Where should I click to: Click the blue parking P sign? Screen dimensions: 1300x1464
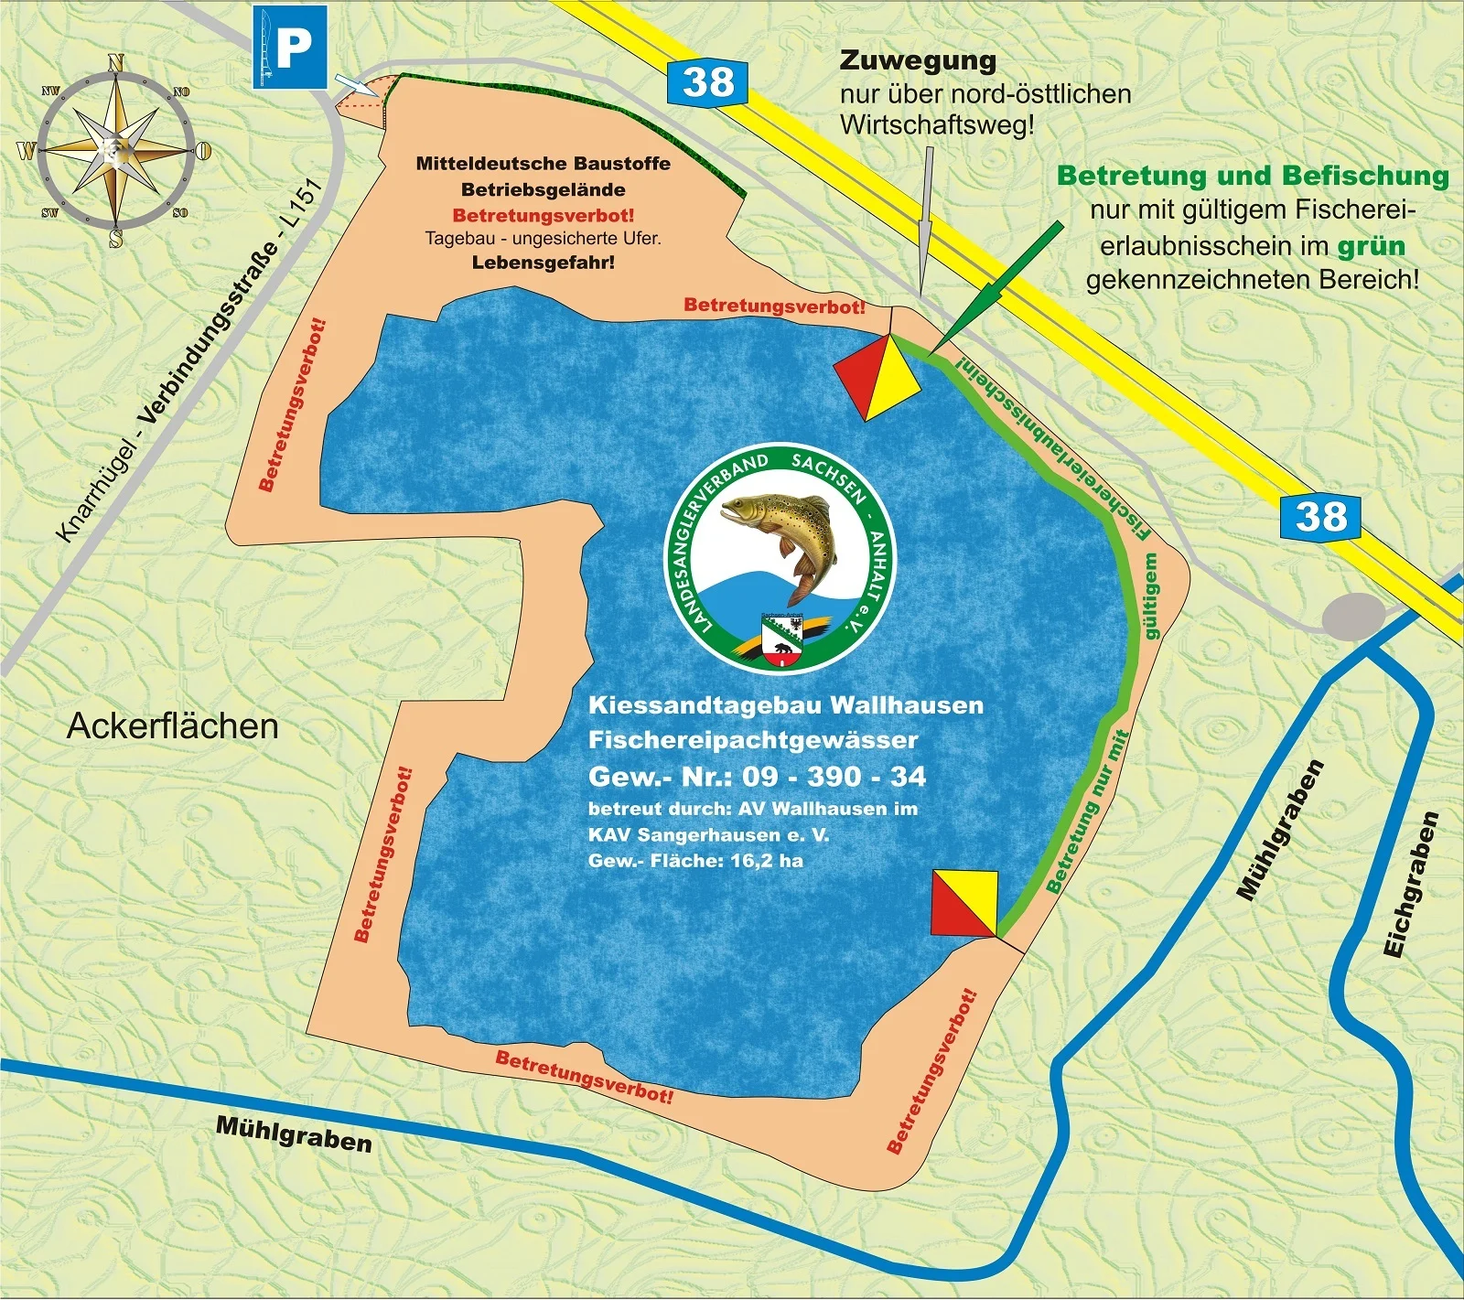pos(291,47)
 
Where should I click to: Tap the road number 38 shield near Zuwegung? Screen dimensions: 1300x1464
pos(707,82)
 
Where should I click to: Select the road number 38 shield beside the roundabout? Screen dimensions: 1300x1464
pos(1321,517)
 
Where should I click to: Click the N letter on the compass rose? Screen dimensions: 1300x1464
pos(116,62)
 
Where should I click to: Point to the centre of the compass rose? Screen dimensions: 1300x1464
pos(116,148)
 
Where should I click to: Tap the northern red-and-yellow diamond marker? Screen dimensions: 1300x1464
pos(877,377)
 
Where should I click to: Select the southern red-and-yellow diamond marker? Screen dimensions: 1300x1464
pos(963,904)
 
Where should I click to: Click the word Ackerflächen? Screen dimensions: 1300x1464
pos(173,726)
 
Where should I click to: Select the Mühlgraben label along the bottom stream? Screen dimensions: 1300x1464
pos(294,1133)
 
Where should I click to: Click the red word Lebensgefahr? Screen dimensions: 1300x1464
pos(544,263)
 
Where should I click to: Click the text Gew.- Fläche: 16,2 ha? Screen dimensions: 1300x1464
pos(695,861)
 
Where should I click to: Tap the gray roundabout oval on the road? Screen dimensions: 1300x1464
pos(1355,616)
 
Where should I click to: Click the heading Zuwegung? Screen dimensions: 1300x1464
pos(917,60)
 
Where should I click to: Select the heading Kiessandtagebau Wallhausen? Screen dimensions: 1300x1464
pos(785,705)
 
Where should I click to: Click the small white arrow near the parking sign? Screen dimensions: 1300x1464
pos(357,85)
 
